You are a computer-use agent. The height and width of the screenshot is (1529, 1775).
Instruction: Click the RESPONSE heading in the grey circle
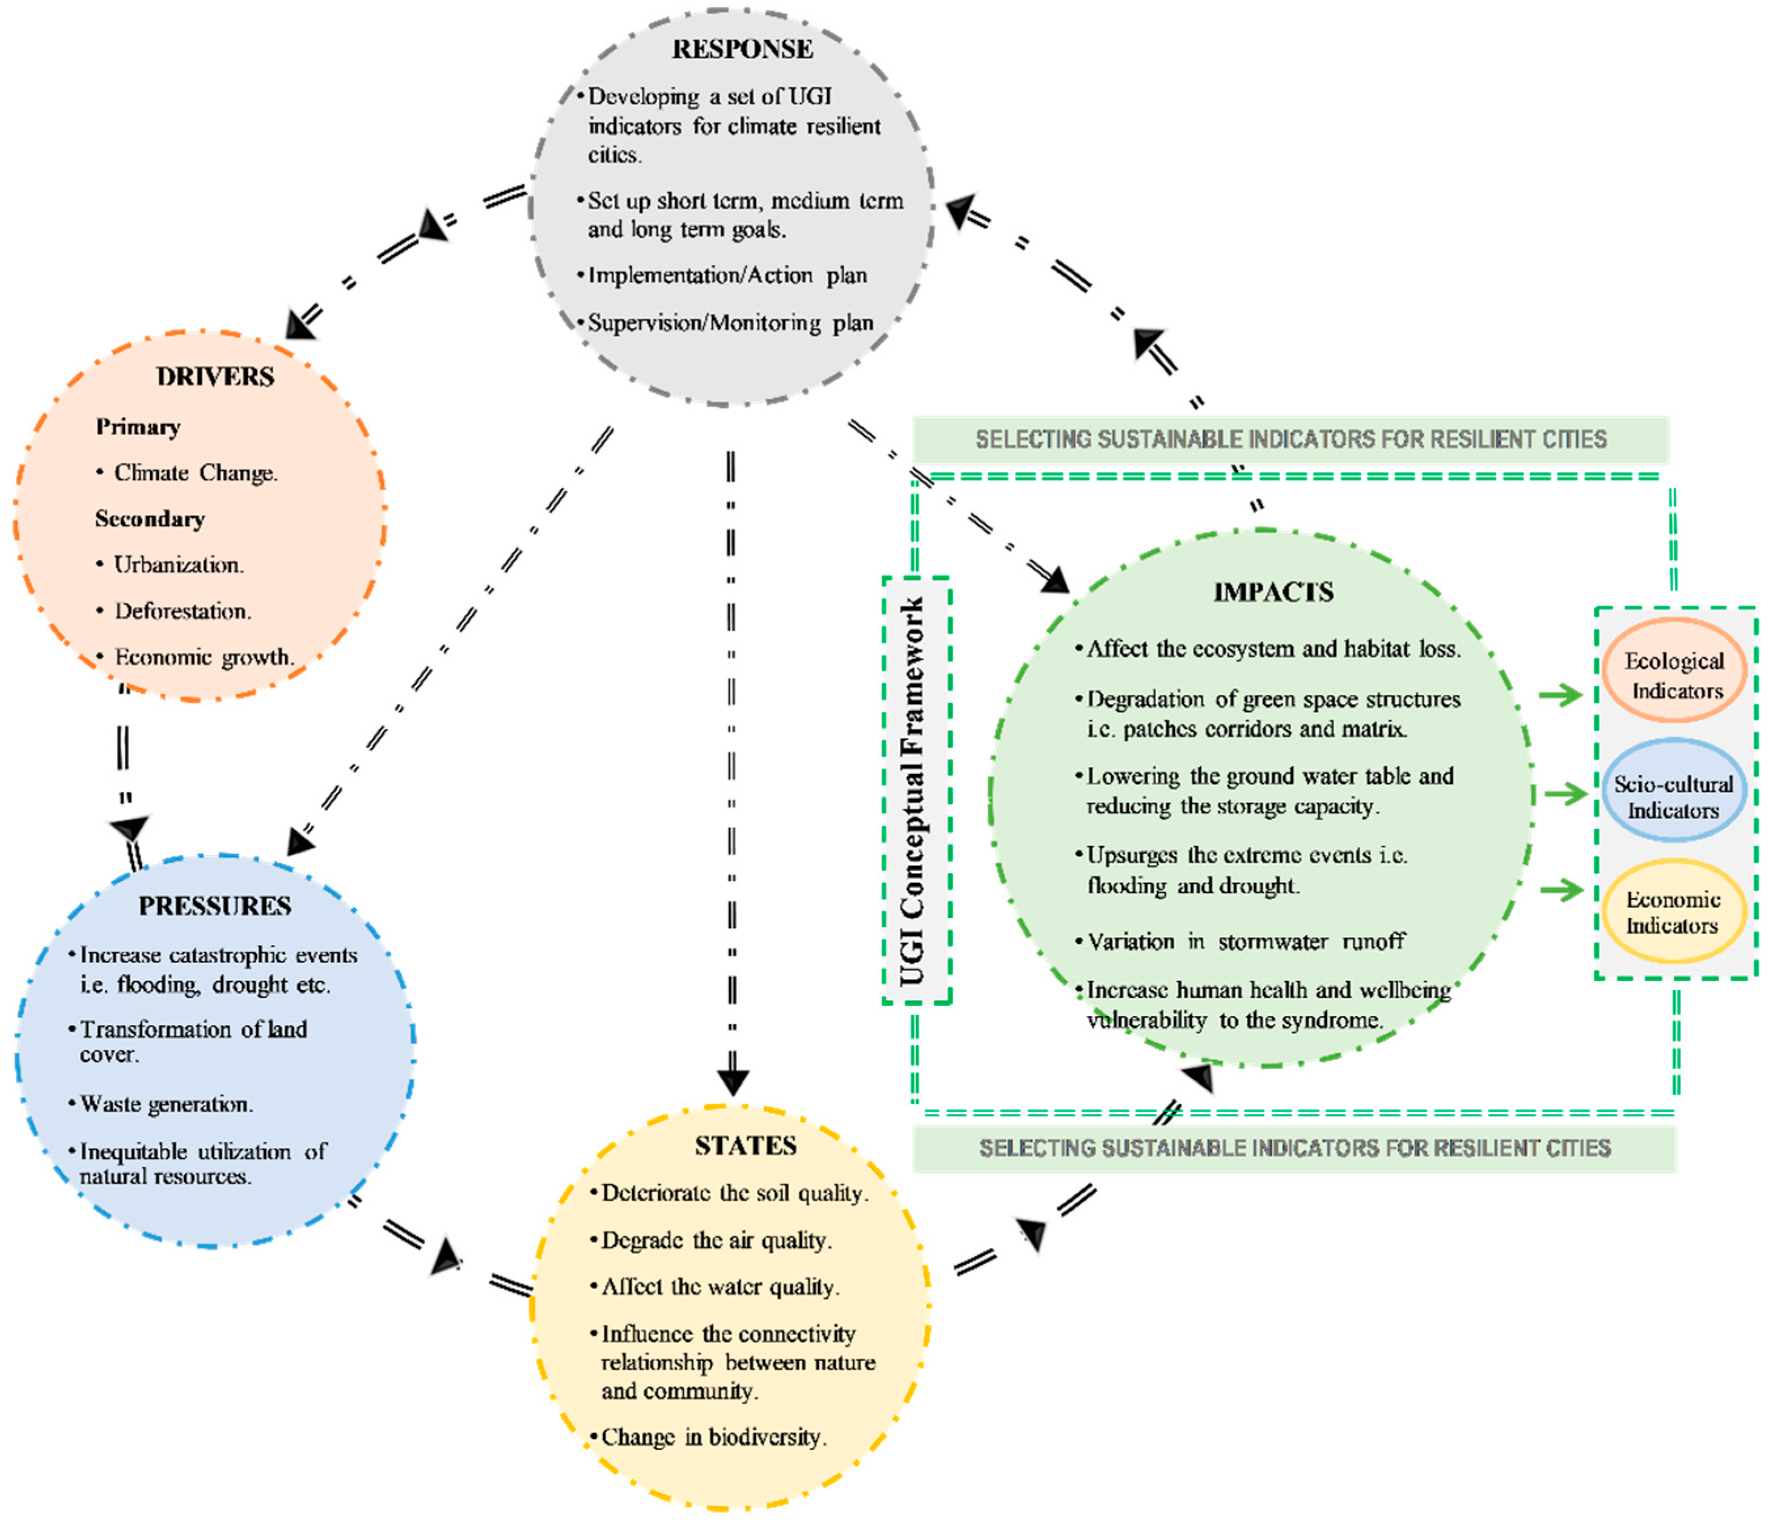[742, 49]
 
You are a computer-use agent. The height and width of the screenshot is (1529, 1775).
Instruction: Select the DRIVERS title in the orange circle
[215, 377]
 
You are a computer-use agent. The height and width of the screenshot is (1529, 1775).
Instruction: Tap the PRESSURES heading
[215, 906]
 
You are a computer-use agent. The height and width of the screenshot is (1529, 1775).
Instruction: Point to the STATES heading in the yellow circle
[745, 1146]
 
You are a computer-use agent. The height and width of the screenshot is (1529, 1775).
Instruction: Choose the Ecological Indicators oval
[1674, 675]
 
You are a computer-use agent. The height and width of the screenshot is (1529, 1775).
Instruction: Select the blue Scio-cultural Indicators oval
[1673, 797]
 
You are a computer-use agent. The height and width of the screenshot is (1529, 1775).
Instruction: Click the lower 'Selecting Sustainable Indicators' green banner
[1295, 1148]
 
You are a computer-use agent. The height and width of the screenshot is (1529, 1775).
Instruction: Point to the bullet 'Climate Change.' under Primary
[195, 473]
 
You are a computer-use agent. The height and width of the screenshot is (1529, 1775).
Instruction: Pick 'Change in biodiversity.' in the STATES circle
[713, 1437]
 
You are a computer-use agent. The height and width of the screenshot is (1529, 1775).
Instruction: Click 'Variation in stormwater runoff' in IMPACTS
[1246, 942]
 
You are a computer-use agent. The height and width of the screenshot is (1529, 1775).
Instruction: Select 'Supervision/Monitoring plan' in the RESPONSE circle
[730, 323]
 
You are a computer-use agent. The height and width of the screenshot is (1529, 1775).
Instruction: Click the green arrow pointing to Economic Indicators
[1561, 890]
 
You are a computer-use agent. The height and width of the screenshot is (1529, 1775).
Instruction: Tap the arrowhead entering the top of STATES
[733, 1082]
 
